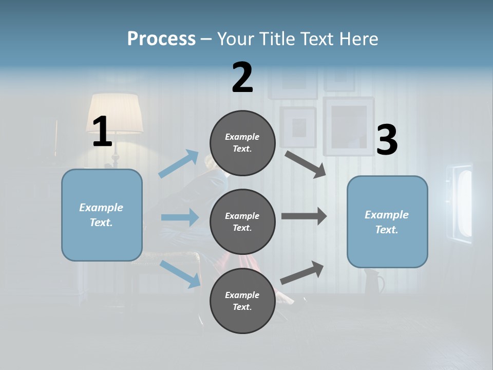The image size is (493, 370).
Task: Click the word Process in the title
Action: coord(161,39)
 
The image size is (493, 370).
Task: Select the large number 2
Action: coord(242,77)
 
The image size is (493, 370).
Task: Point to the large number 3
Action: coord(387,140)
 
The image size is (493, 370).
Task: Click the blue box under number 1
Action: coord(102,215)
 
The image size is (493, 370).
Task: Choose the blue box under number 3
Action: coord(387,221)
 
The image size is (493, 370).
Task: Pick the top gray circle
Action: coord(242,143)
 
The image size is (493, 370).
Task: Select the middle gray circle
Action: coord(242,221)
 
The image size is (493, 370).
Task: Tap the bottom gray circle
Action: coord(242,301)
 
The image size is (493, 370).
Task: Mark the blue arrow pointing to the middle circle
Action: coord(180,217)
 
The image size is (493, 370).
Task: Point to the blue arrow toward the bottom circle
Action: coord(180,273)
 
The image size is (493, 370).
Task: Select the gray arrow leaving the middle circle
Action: coord(304,216)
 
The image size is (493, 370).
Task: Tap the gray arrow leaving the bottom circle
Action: coord(302,272)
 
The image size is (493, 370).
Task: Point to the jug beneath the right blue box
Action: coord(373,282)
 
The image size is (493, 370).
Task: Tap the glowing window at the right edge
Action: coord(463,202)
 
